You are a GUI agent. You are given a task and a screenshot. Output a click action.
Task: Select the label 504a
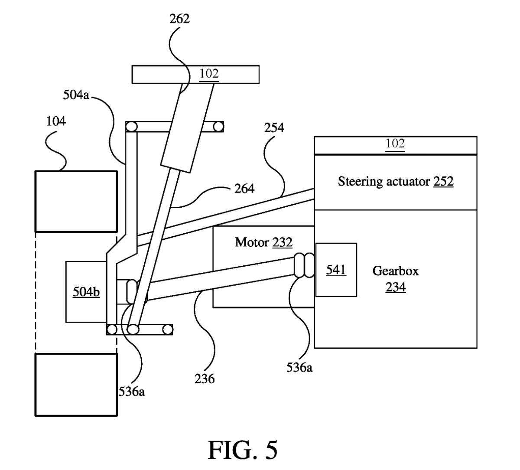[x=76, y=95]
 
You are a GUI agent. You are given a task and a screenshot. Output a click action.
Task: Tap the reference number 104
[x=56, y=121]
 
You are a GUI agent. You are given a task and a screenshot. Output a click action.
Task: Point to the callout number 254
[x=274, y=127]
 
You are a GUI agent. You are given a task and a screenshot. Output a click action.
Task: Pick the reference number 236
[x=205, y=379]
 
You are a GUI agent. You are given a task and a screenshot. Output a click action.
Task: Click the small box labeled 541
[x=336, y=270]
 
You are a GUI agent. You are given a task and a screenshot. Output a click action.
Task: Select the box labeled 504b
[x=86, y=292]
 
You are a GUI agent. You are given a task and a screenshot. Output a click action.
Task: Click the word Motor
[x=252, y=242]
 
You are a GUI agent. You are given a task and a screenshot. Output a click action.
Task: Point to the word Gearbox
[x=396, y=271]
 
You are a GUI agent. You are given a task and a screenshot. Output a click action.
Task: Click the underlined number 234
[x=396, y=287]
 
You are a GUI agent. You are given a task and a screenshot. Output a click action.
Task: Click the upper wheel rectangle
[x=76, y=201]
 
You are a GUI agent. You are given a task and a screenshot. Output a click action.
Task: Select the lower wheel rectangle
[x=76, y=385]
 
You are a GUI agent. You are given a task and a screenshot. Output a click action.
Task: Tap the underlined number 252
[x=443, y=181]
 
